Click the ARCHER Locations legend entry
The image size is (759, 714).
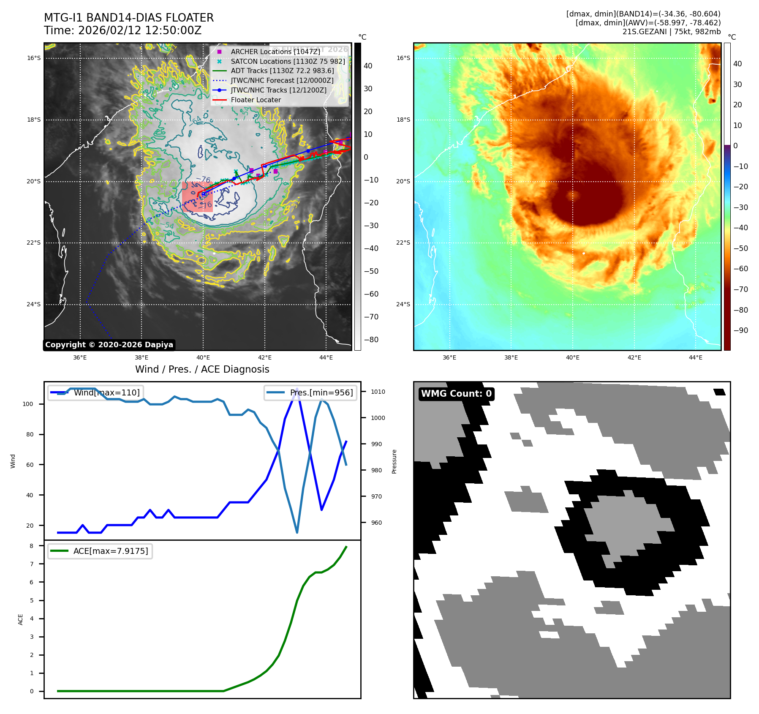pyautogui.click(x=275, y=52)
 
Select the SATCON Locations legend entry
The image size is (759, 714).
pyautogui.click(x=288, y=61)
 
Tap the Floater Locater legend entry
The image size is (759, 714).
pyautogui.click(x=256, y=100)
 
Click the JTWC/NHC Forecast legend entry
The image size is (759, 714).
pyautogui.click(x=282, y=81)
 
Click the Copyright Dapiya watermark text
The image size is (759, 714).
pyautogui.click(x=109, y=345)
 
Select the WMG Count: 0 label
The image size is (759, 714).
pyautogui.click(x=456, y=394)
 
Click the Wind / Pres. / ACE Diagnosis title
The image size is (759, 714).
pyautogui.click(x=202, y=369)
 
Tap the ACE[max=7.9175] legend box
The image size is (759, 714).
pyautogui.click(x=101, y=551)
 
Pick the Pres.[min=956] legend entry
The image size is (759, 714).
pyautogui.click(x=311, y=392)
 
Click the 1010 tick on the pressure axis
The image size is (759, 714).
pyautogui.click(x=378, y=392)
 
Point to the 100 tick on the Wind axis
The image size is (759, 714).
pyautogui.click(x=28, y=404)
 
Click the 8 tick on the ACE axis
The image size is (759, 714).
pyautogui.click(x=31, y=546)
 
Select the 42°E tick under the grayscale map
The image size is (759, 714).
pyautogui.click(x=265, y=357)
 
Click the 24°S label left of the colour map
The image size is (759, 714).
pyautogui.click(x=403, y=304)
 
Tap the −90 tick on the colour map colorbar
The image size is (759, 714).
pyautogui.click(x=740, y=330)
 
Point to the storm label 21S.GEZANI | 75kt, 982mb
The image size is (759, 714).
pyautogui.click(x=671, y=32)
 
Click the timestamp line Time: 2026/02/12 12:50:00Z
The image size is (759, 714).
pyautogui.click(x=122, y=30)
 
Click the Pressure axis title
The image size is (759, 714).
pyautogui.click(x=394, y=461)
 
